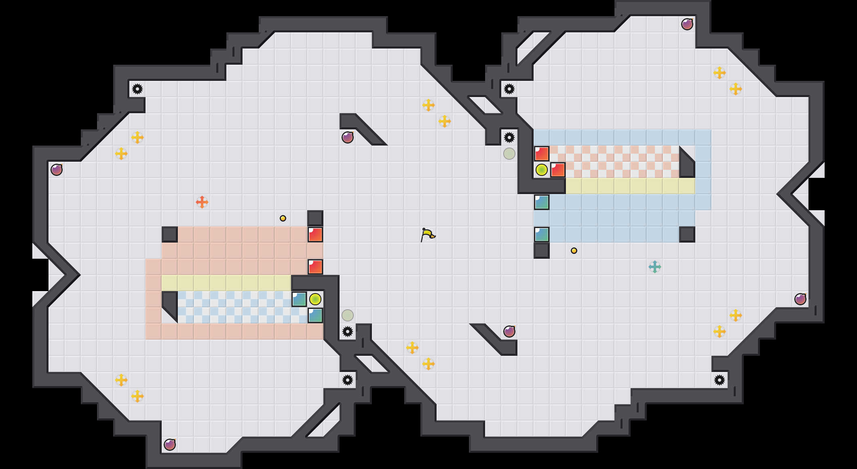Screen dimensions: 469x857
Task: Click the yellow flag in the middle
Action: pos(427,234)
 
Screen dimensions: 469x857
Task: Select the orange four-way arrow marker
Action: pos(202,202)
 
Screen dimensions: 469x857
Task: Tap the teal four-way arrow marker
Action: pos(655,267)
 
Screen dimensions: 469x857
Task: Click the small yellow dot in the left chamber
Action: pos(283,218)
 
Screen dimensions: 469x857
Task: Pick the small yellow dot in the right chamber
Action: pos(574,251)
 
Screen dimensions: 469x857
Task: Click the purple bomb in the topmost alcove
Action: pos(687,24)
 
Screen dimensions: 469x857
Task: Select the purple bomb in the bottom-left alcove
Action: pos(170,445)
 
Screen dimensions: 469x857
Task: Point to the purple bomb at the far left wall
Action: pos(57,170)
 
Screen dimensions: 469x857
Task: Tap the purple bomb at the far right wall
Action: pos(800,299)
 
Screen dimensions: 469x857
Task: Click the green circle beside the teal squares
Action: pos(315,299)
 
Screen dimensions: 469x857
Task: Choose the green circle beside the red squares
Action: pos(542,170)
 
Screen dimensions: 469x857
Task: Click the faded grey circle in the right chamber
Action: pos(509,154)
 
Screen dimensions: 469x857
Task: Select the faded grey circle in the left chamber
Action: pos(348,315)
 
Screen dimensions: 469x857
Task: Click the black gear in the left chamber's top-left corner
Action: pos(137,89)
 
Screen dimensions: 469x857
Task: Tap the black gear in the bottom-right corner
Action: pos(720,380)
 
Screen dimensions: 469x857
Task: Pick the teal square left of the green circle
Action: pos(299,299)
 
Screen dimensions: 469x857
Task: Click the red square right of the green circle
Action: pos(558,170)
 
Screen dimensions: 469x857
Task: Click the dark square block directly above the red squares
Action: pos(315,218)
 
